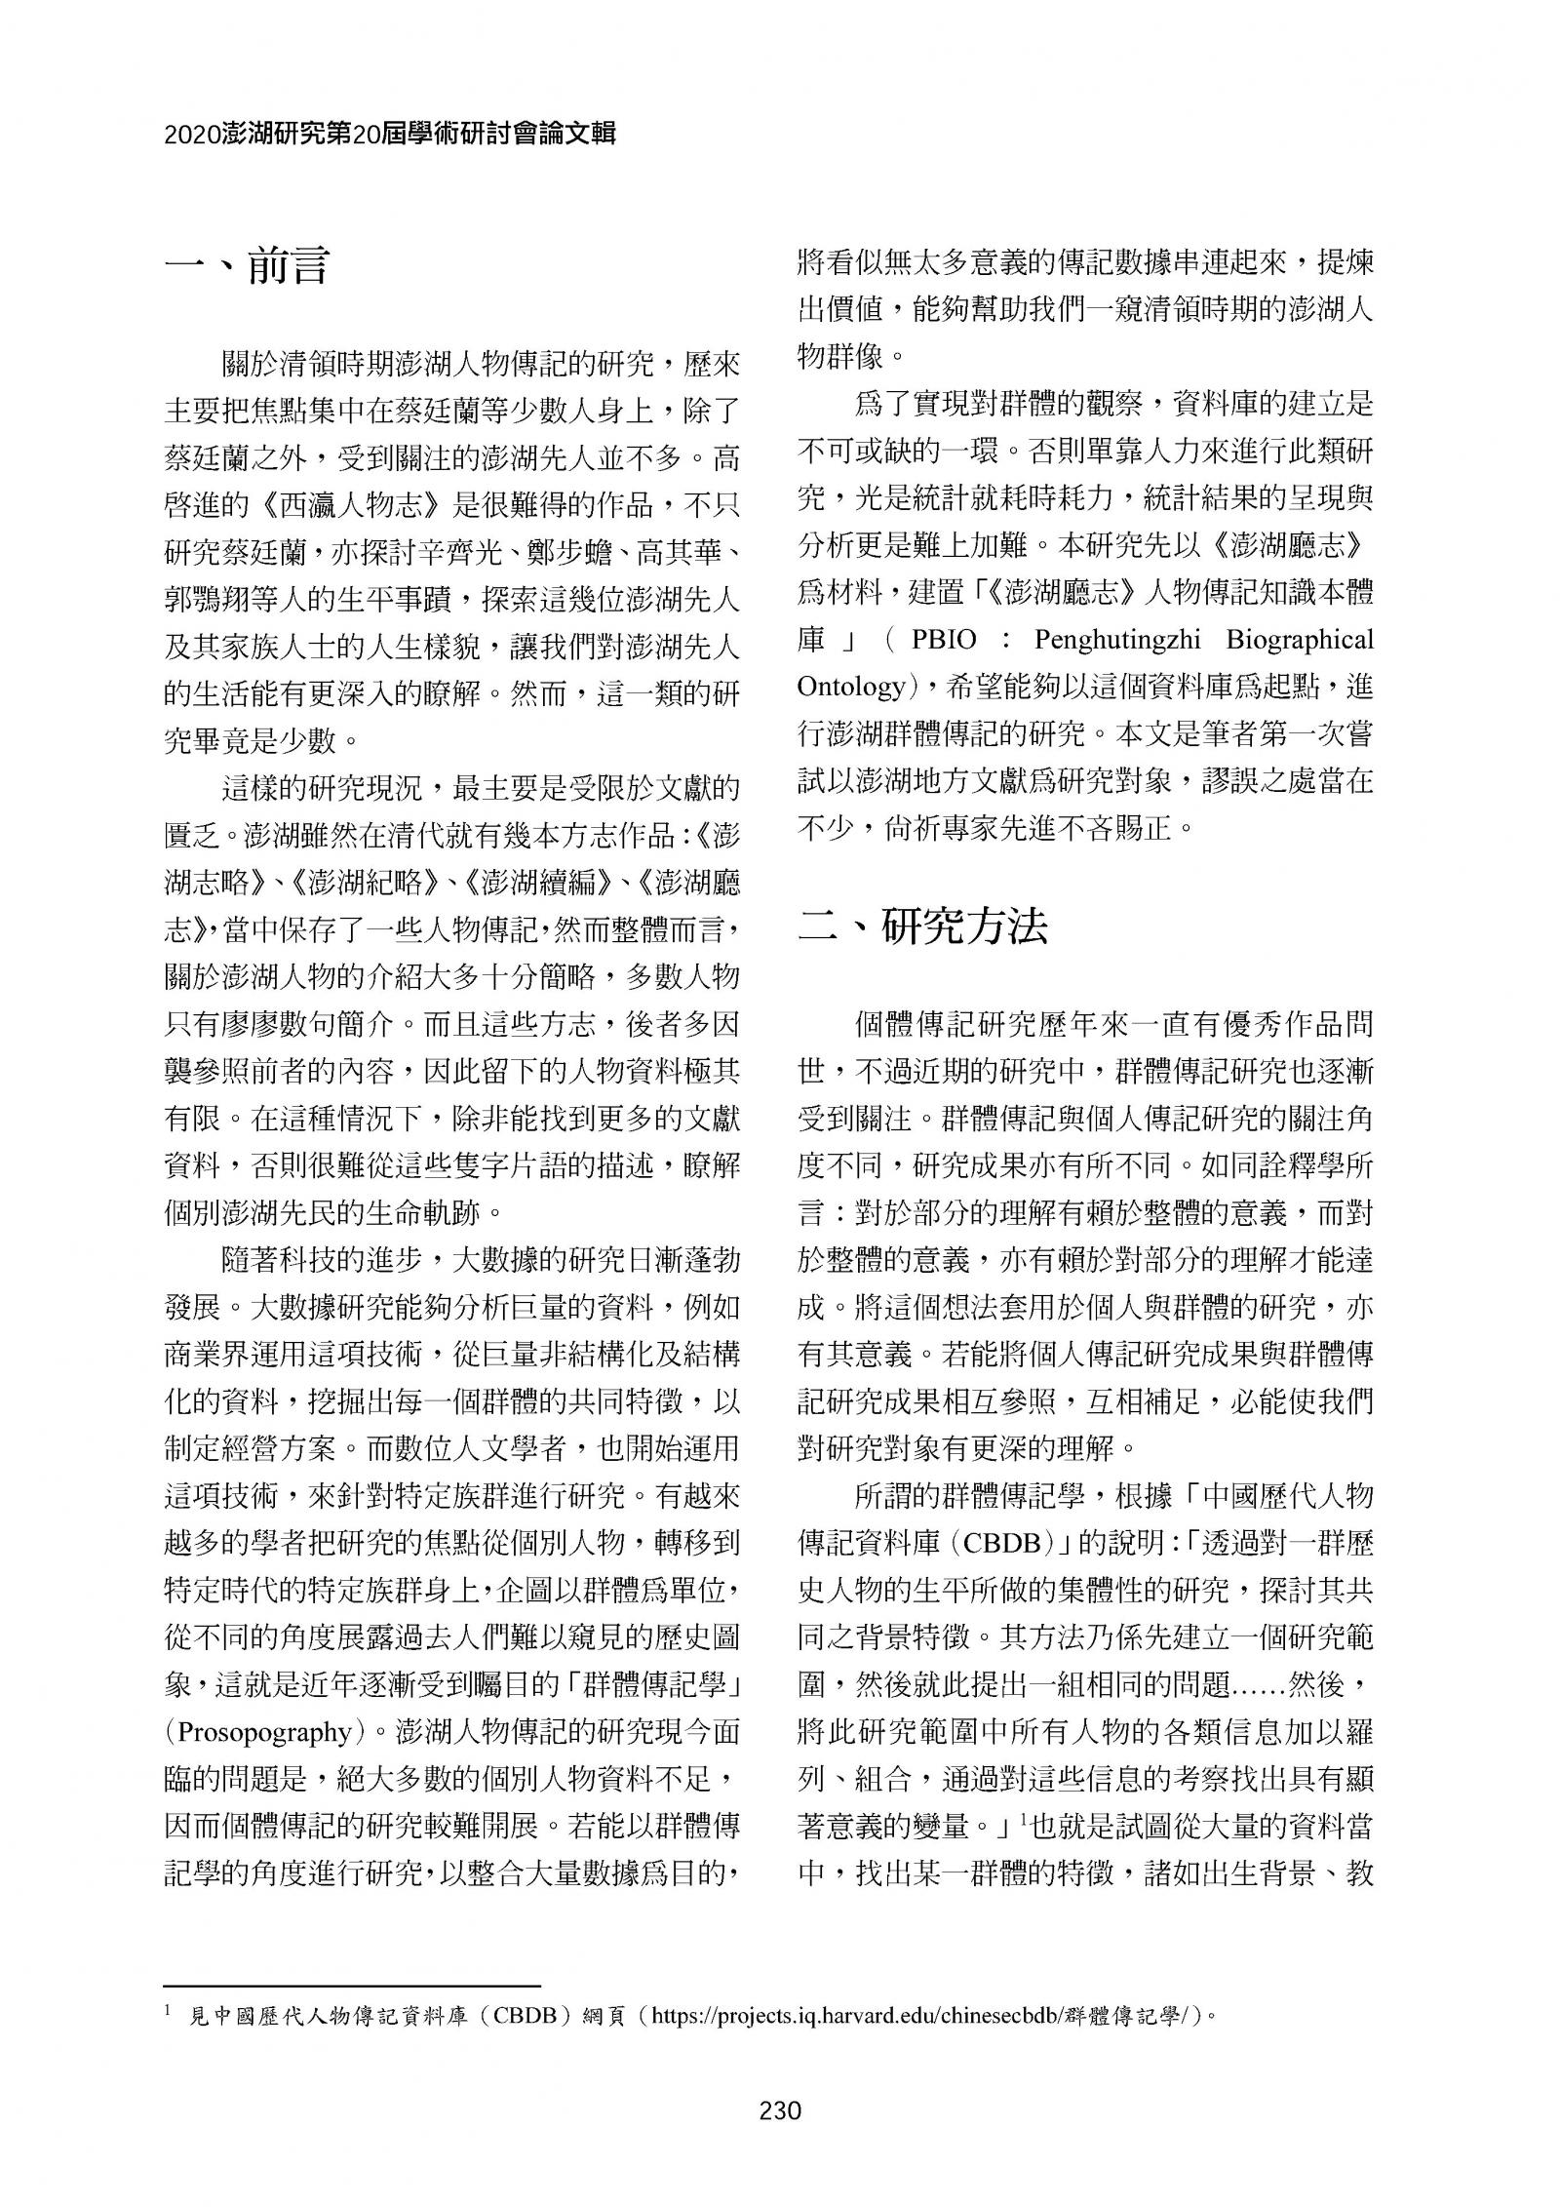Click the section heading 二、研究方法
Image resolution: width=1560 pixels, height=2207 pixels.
(921, 926)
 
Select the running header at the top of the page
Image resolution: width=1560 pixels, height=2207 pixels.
(390, 135)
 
